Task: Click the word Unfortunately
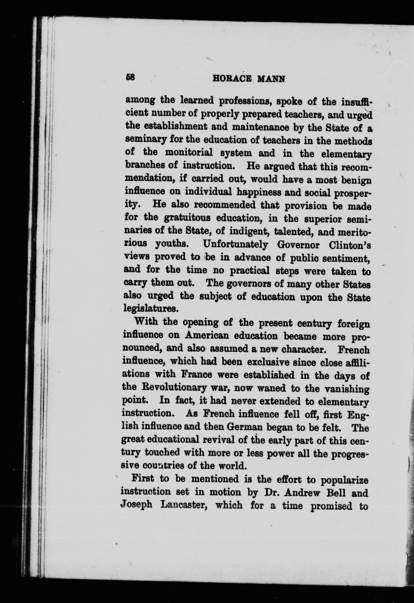click(x=236, y=244)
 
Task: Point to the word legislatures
click(x=151, y=309)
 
